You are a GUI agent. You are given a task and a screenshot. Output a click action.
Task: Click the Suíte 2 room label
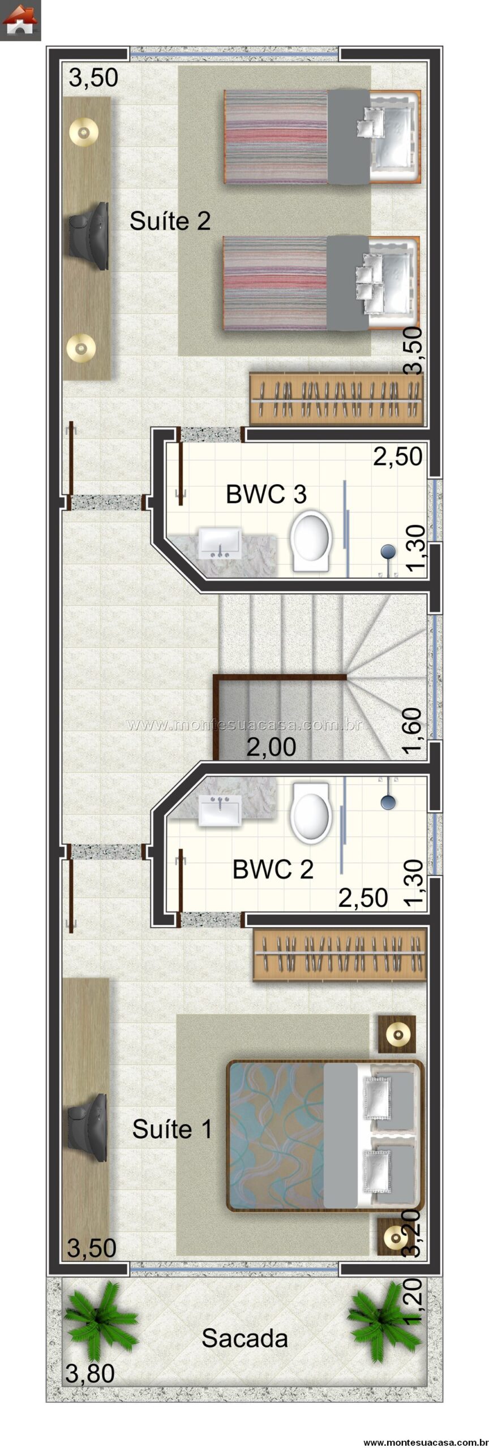tap(170, 220)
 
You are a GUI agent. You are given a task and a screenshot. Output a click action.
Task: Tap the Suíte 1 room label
tap(172, 1130)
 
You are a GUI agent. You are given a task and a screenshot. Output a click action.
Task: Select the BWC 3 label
tap(266, 494)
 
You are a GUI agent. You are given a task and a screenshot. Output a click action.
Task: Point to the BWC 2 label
tap(273, 870)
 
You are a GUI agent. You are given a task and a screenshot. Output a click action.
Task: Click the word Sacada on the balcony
tap(244, 1338)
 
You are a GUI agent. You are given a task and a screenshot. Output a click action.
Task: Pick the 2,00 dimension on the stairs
tap(271, 747)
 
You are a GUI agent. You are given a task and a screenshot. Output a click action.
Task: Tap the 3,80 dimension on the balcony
tap(90, 1373)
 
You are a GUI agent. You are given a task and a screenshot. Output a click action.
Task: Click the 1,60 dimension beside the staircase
tap(414, 730)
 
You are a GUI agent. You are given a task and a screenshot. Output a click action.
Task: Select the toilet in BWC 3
tap(310, 541)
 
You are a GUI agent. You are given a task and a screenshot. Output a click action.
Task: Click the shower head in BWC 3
tap(388, 551)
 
